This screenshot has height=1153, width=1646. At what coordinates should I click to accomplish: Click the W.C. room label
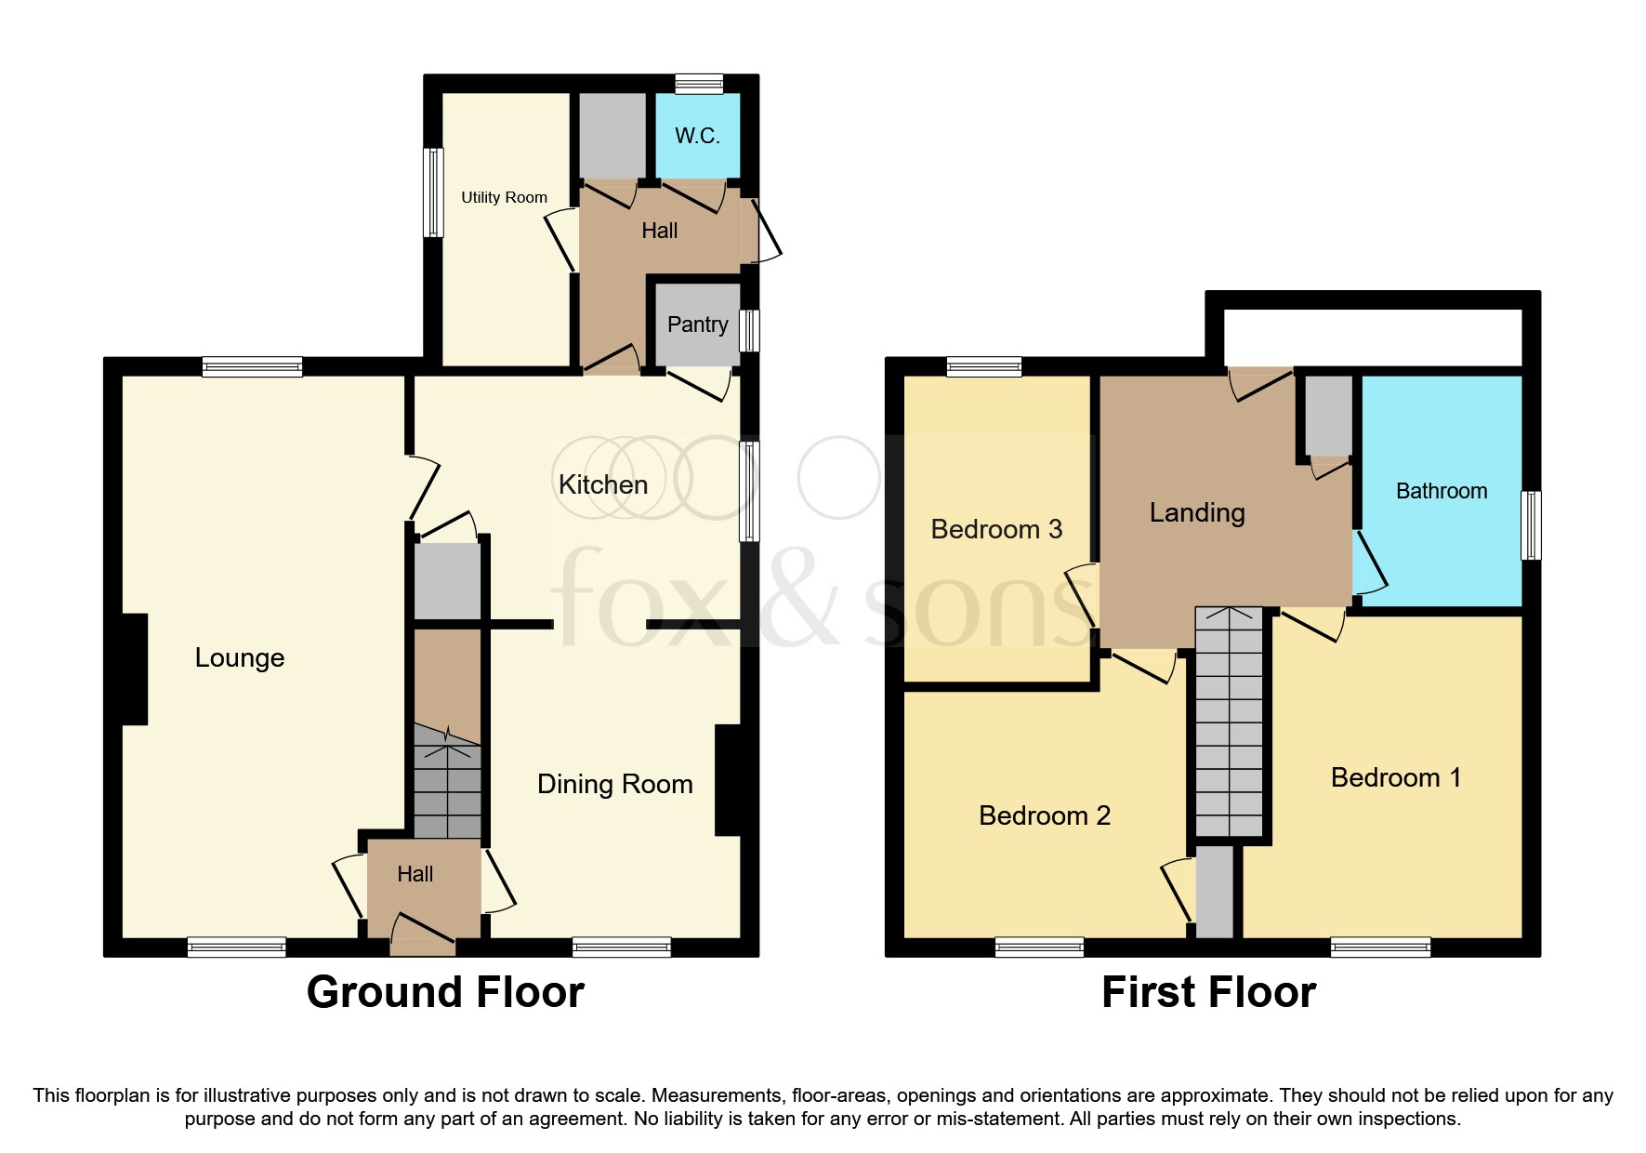coord(697,136)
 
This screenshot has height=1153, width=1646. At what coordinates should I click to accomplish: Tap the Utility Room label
coord(504,197)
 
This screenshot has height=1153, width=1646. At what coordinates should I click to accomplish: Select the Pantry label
coord(697,325)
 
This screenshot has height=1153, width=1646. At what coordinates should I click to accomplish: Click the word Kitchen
coord(602,484)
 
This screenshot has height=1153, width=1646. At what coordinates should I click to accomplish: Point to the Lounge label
coord(239,657)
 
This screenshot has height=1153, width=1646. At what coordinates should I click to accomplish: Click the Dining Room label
coord(614,784)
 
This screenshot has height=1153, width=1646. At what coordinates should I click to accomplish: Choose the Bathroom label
coord(1441,491)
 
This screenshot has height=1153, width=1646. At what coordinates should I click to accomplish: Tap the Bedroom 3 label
coord(995,529)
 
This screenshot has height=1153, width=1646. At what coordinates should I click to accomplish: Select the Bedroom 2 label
coord(1044,815)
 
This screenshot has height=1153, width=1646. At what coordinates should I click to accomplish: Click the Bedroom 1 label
coord(1395,777)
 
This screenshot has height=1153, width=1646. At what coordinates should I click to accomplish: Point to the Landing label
coord(1196,512)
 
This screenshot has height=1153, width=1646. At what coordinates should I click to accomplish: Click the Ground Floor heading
coord(445,992)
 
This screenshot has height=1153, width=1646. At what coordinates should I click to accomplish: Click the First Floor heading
coord(1207,992)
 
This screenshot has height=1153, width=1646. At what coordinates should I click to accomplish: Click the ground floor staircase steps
coord(447,790)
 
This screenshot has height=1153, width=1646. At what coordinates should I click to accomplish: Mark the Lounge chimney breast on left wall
coord(134,669)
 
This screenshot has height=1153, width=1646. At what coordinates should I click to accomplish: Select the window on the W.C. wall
coord(698,84)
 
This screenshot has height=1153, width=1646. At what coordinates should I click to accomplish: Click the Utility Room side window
coord(433,192)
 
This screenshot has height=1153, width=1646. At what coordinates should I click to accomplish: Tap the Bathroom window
coord(1530,525)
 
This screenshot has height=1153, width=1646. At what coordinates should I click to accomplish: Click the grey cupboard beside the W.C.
coord(612,135)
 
